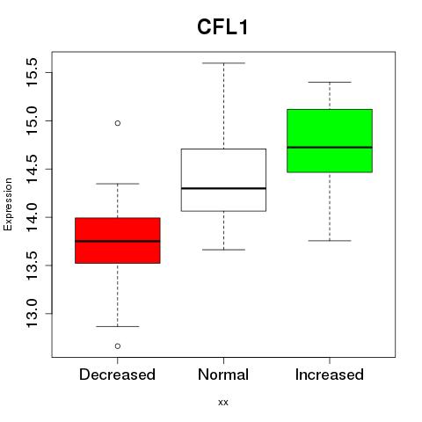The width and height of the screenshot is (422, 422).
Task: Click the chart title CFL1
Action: point(222,27)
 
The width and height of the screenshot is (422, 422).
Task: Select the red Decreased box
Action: point(118,241)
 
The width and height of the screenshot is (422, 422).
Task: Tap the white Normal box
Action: point(223,180)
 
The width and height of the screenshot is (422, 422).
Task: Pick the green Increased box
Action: point(330,141)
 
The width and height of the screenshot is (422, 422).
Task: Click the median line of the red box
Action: point(118,241)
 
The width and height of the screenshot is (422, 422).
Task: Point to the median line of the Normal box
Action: point(223,188)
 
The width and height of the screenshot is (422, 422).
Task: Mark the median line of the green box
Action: point(330,148)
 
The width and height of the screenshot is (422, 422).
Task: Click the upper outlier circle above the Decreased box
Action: point(118,123)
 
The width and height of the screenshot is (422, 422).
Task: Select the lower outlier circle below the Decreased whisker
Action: point(118,346)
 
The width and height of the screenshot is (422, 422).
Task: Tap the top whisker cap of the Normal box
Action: point(223,63)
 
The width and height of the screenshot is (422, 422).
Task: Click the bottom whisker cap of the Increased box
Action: point(330,241)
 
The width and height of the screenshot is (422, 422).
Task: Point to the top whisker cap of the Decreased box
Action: point(118,184)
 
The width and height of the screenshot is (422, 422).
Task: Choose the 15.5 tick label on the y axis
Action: point(32,72)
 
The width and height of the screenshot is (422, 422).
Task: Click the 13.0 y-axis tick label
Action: point(32,314)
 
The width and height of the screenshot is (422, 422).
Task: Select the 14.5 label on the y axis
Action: point(32,169)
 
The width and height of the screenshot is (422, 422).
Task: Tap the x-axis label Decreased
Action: point(117,375)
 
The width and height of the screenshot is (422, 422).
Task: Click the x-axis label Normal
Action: point(223,375)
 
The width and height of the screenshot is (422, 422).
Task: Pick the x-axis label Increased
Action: point(330,375)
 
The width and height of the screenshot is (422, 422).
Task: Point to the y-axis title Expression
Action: point(8,204)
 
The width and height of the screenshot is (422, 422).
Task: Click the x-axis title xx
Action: point(223,403)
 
